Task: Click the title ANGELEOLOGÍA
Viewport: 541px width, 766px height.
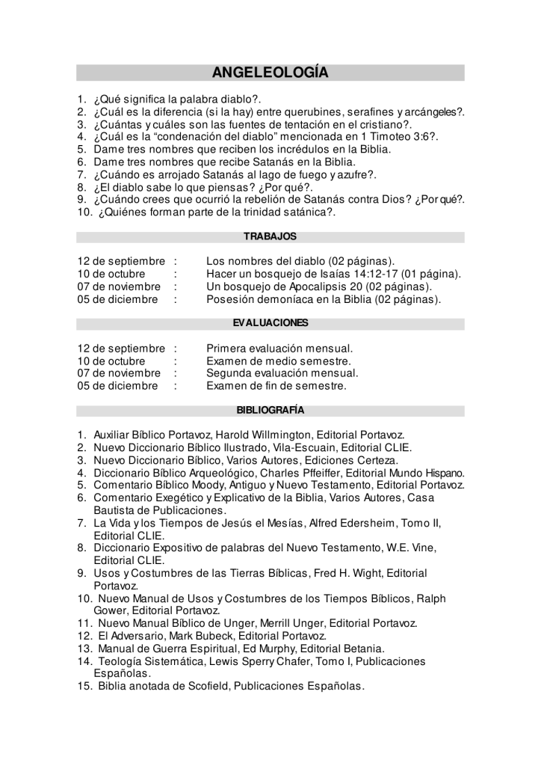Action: point(270,73)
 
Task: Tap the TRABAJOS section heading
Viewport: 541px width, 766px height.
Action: point(270,236)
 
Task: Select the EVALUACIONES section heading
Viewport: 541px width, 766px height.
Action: point(270,323)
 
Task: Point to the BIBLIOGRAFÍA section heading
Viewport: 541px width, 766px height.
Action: point(270,410)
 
